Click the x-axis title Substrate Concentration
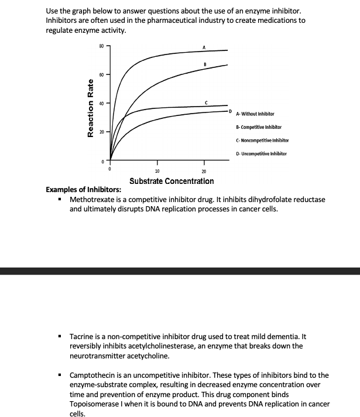[172, 181]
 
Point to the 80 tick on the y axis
[101, 46]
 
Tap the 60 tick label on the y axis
[101, 75]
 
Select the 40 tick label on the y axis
[101, 104]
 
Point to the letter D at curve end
[230, 110]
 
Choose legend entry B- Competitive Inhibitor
[259, 127]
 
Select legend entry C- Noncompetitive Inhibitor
[262, 141]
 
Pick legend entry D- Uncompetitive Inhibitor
[261, 153]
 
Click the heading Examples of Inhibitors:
[84, 190]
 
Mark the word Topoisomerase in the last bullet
[97, 404]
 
